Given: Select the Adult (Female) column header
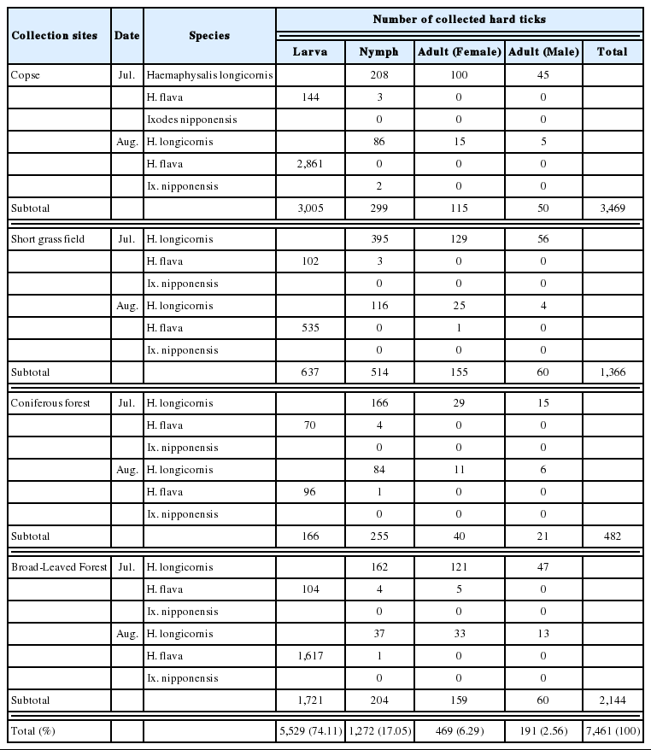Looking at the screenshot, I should (459, 51).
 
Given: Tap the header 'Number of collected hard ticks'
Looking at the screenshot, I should (459, 19).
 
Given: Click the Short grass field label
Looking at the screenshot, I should (47, 239).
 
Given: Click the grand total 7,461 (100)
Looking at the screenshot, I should (612, 730).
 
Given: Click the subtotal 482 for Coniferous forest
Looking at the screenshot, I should (612, 536).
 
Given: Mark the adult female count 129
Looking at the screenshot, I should (459, 239).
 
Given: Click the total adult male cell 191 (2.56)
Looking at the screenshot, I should (542, 730).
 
